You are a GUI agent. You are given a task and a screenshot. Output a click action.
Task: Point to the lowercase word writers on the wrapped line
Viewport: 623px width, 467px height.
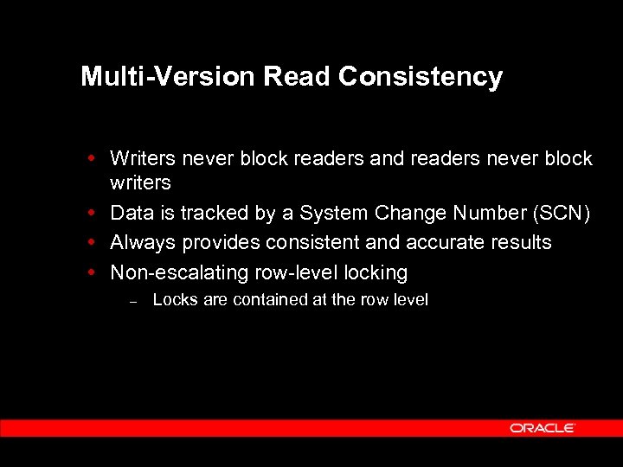click(140, 182)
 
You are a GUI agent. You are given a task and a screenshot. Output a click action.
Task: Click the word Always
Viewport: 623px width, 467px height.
click(143, 243)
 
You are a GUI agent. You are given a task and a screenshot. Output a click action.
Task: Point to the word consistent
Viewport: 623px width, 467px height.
click(302, 243)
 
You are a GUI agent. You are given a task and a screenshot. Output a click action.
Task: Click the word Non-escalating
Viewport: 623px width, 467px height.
click(179, 272)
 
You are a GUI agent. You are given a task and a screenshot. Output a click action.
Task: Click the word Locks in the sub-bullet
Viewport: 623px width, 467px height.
click(175, 300)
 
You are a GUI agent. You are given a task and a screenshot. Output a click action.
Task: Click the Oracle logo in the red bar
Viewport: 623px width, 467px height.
click(543, 428)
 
